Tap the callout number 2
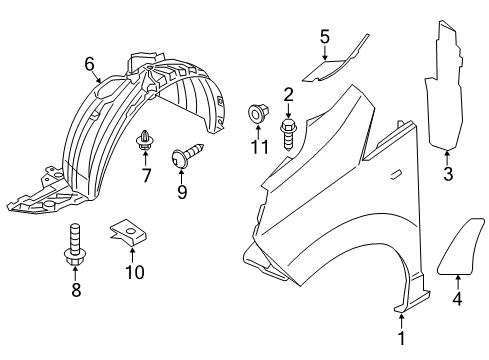(x=288, y=95)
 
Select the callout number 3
(x=447, y=176)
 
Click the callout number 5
(x=324, y=37)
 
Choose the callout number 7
(x=146, y=177)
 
